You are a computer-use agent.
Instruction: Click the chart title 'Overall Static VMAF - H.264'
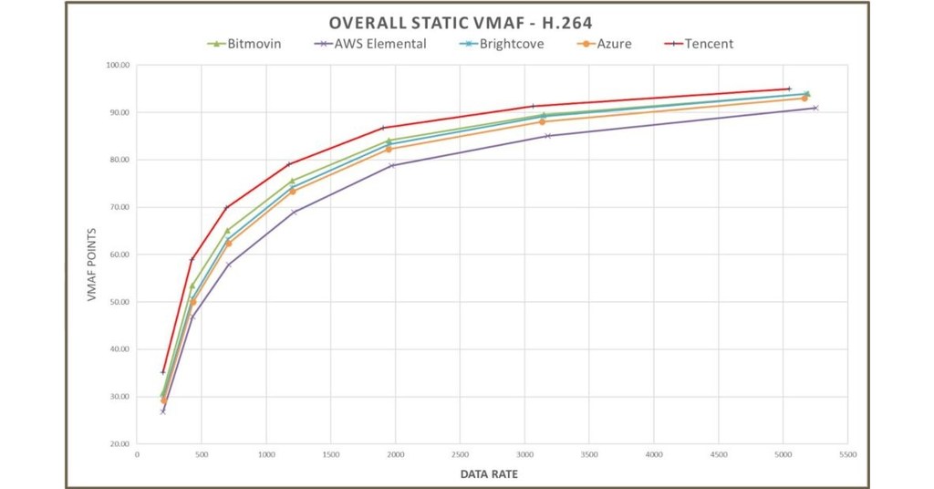[x=466, y=24]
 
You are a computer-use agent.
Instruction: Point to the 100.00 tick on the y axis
[x=119, y=66]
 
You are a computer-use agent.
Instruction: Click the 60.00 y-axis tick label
[x=119, y=255]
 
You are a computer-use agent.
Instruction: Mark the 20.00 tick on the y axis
[x=119, y=444]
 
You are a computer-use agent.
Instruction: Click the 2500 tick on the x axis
[x=460, y=453]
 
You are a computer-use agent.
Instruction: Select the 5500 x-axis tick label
[x=847, y=453]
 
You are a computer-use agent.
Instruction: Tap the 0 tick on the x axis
[x=137, y=453]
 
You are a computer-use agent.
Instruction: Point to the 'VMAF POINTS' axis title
[x=92, y=255]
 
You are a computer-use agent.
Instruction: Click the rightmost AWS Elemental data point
[x=815, y=108]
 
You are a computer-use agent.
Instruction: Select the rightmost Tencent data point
[x=789, y=88]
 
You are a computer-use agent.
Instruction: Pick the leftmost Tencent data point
[x=163, y=372]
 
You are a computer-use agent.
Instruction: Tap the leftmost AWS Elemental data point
[x=163, y=411]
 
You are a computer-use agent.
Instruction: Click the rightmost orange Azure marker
[x=804, y=98]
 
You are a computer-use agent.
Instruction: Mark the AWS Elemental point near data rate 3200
[x=547, y=136]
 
